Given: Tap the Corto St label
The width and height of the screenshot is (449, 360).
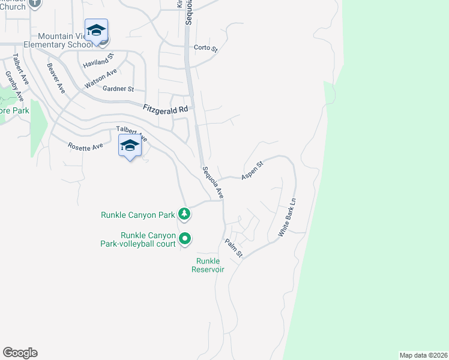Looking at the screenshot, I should pos(205,48).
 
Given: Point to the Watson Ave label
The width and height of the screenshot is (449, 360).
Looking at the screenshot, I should pos(101,79).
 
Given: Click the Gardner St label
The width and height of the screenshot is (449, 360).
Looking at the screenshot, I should pos(118,89).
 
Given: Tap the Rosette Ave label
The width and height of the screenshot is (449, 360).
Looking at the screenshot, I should pos(85,146).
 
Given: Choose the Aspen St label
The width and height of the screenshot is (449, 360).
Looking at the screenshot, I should pos(252,171).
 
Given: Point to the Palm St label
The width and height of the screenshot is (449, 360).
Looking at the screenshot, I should pos(234,248).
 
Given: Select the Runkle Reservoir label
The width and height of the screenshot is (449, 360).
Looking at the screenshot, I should pos(208,265).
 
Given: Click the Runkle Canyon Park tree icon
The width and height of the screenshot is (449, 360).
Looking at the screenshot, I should pos(185,214).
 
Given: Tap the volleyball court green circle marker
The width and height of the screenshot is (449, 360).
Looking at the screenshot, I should pos(185,239).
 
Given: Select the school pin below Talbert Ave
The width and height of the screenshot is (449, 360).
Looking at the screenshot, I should pos(130,146).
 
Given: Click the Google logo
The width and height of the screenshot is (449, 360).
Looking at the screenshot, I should pos(20,353).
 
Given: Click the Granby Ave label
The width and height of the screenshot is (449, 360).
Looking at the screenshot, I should pos(14,86).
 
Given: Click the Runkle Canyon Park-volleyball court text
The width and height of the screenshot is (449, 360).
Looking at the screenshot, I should pos(139,239).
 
